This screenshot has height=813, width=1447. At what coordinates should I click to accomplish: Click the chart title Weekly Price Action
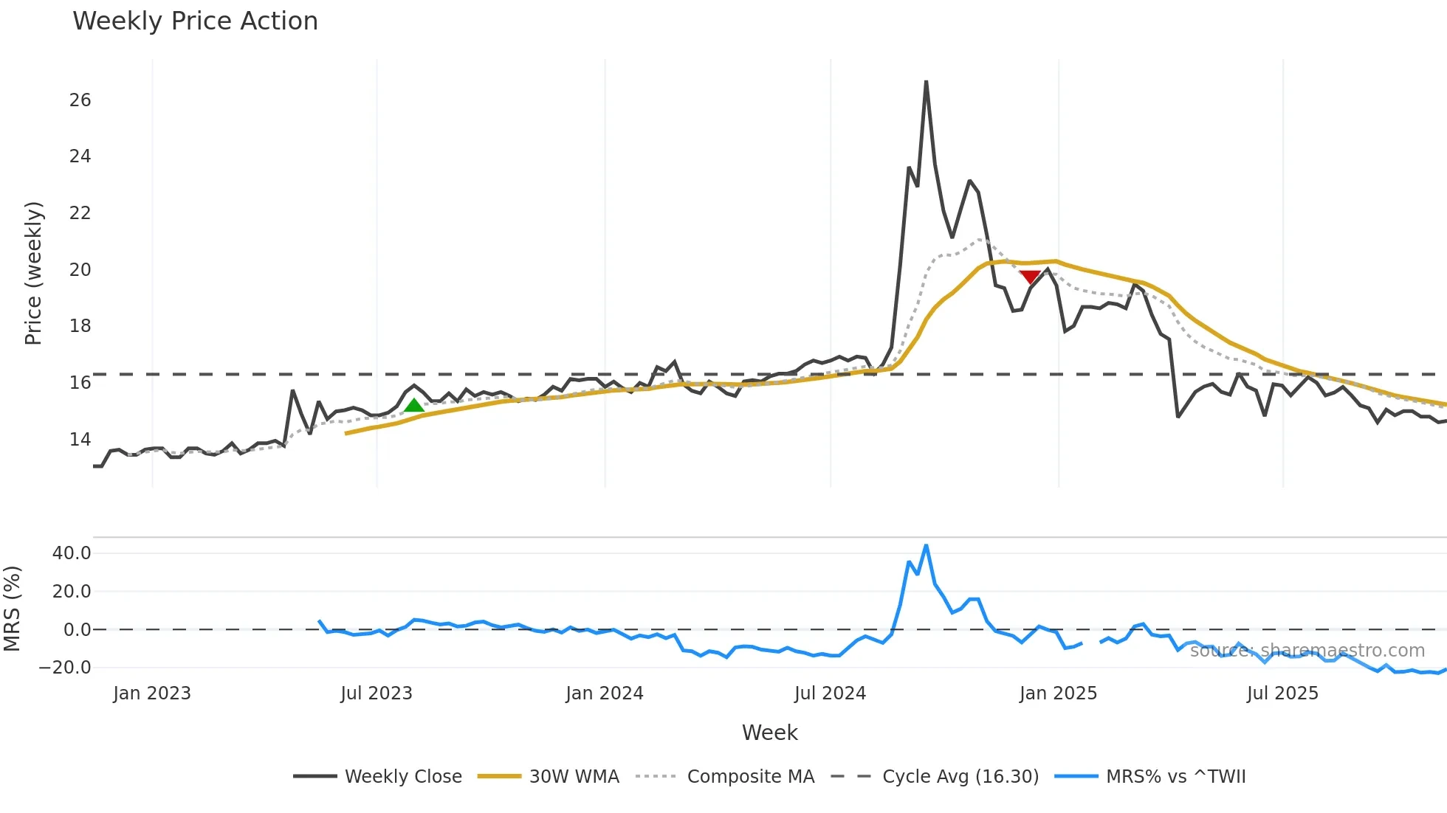195,21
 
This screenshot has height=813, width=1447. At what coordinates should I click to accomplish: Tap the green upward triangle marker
414,405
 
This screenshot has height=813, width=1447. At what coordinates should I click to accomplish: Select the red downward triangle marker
1030,277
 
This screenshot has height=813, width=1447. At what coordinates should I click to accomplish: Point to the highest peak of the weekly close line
926,82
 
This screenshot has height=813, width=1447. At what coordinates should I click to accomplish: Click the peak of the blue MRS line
926,546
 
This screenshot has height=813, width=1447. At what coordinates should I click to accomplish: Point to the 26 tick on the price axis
80,100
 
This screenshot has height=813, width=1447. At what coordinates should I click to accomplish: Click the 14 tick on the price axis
80,440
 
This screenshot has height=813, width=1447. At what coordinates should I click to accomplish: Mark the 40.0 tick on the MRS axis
72,553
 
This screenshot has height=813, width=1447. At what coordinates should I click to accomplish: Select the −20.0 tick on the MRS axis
65,668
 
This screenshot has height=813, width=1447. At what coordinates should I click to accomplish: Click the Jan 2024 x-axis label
605,693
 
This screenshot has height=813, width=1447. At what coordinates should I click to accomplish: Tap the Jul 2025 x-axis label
1282,693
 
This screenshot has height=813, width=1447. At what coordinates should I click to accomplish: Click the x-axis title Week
769,733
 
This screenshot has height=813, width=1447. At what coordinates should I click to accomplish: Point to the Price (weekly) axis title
34,273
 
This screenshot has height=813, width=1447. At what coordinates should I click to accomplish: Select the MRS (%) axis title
12,609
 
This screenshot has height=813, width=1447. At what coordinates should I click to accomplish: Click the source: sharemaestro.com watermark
1307,651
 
